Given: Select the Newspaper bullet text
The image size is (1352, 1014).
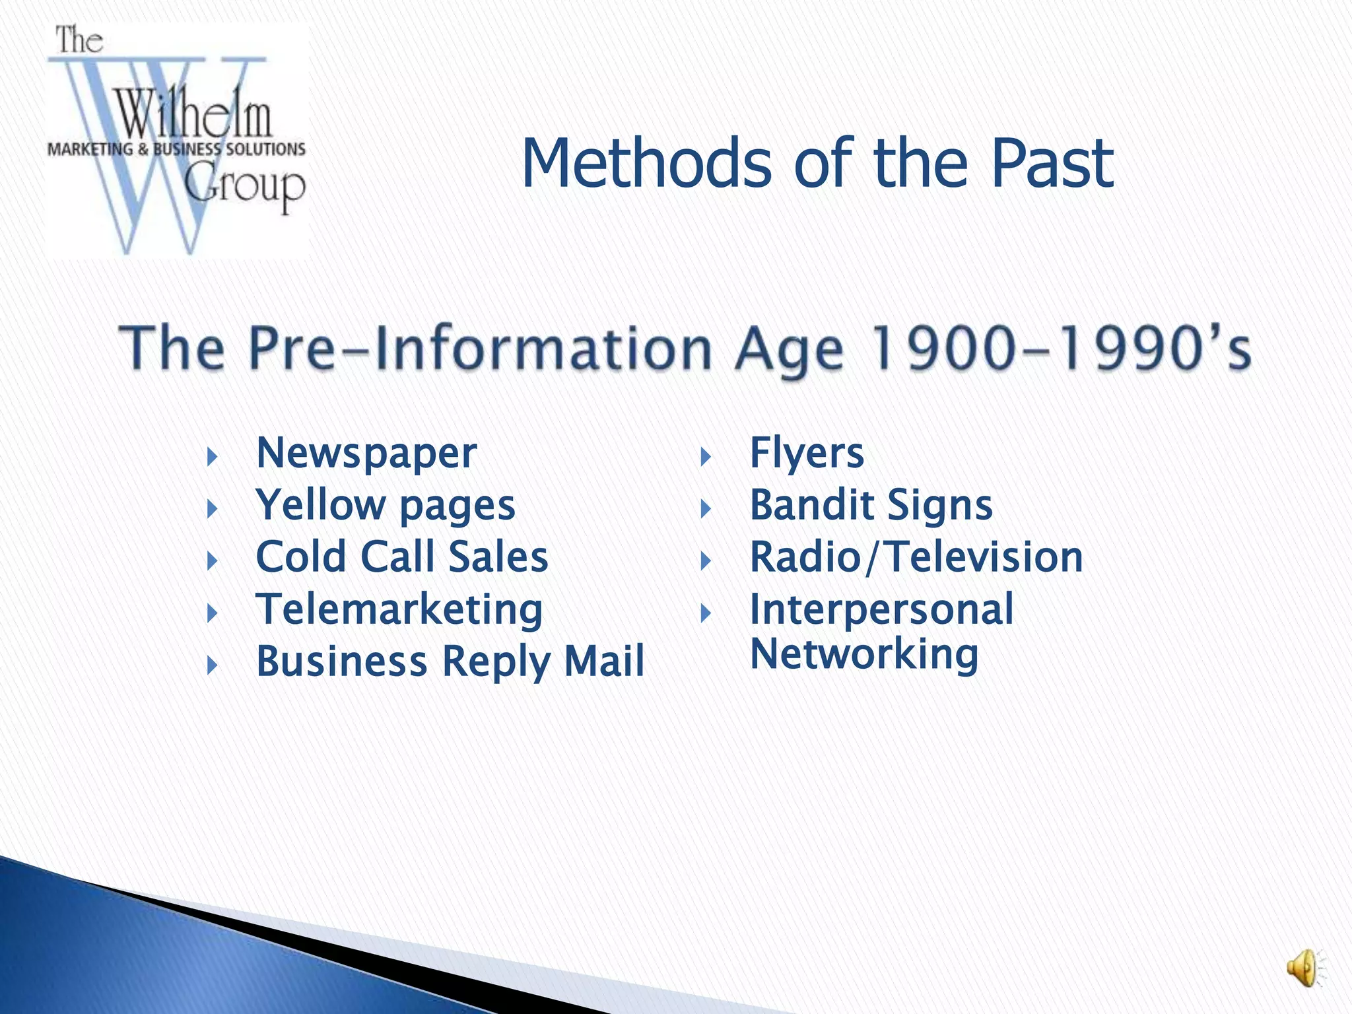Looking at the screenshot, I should pos(366,454).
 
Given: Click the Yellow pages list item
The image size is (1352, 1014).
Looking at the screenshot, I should pos(385,506).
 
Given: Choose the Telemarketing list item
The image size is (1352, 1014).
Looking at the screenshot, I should pos(399,609).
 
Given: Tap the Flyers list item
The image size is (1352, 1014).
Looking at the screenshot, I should pos(806,454).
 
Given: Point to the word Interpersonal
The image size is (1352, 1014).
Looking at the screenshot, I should pos(881,609).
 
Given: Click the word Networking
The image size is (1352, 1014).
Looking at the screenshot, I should pos(863,654).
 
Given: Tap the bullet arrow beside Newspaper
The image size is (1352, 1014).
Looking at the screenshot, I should pos(212,456).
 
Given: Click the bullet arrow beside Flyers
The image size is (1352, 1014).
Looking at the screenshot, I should pos(705,456).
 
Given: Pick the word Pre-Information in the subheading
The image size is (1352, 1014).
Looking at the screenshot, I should pos(480,349).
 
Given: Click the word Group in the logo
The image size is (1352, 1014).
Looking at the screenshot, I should pos(245,187).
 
